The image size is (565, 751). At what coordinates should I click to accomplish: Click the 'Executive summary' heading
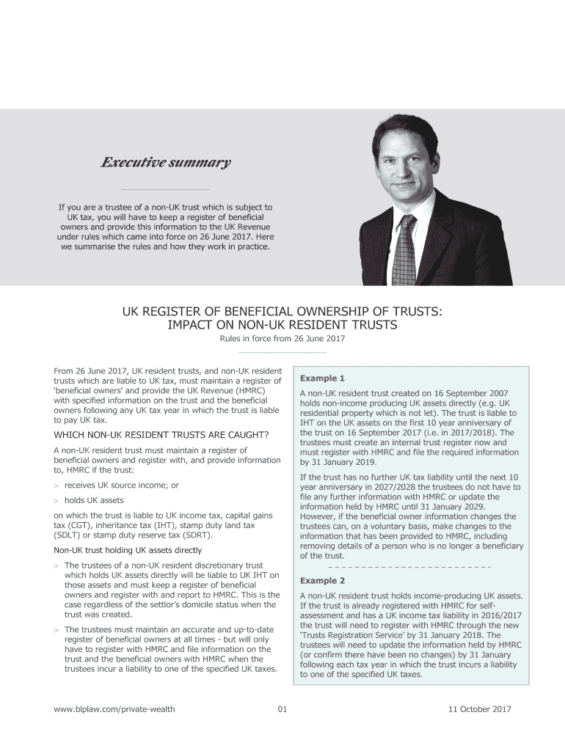[x=165, y=162]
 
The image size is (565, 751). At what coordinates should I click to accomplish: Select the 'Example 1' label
[x=322, y=378]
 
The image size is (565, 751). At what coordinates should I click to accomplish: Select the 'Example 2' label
[x=322, y=581]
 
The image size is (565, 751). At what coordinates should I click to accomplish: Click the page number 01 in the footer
[x=282, y=709]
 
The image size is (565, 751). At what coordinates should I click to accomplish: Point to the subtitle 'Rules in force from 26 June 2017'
[x=282, y=338]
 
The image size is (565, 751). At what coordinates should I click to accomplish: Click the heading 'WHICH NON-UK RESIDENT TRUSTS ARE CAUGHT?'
[x=161, y=435]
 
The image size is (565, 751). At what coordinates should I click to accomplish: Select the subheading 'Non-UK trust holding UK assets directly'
[x=128, y=550]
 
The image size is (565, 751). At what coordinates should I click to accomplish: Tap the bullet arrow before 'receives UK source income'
[x=56, y=486]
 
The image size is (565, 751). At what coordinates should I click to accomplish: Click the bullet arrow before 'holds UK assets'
[x=56, y=500]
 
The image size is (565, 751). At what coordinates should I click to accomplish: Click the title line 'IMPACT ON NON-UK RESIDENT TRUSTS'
[x=282, y=324]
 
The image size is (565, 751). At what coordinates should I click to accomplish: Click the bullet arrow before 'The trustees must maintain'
[x=56, y=630]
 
